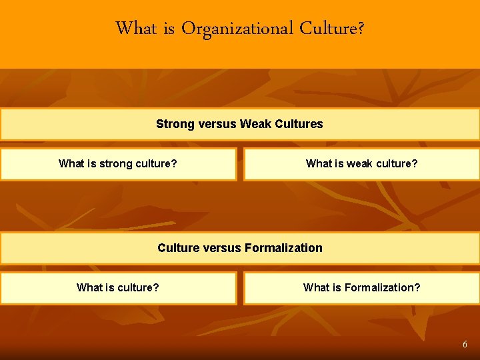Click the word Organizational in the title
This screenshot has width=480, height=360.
tap(238, 29)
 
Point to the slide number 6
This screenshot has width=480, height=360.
tap(465, 345)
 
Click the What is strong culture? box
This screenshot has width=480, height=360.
tap(118, 164)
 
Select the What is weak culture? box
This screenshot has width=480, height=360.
tap(361, 164)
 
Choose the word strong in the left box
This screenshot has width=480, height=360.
tap(116, 164)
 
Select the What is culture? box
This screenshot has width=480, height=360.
tap(118, 288)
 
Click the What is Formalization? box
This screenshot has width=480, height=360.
tap(361, 288)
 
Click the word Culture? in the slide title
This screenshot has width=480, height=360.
tap(332, 29)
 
